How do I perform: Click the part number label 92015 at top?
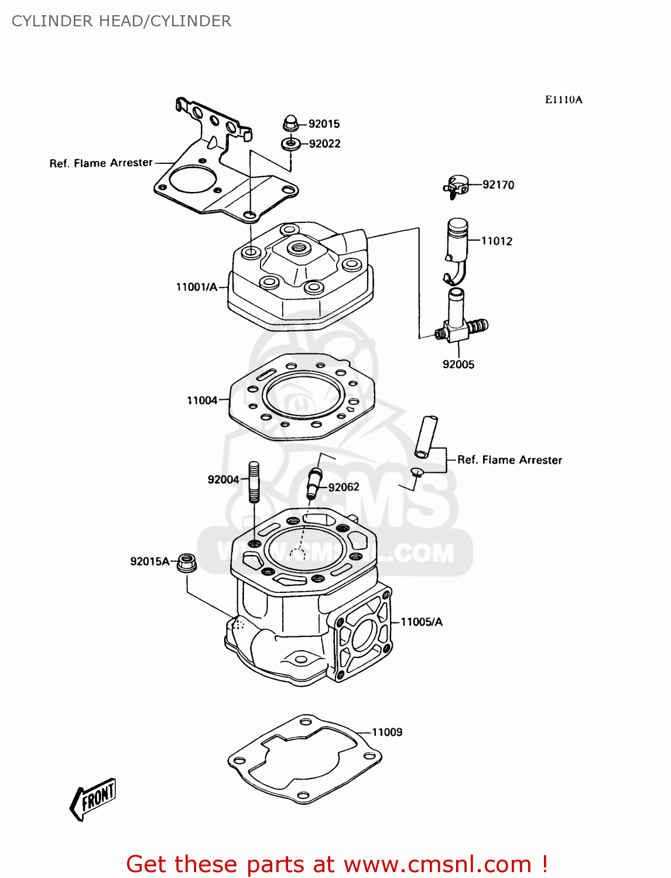tap(324, 124)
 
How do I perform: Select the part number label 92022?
tap(324, 143)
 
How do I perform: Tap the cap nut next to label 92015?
tap(290, 124)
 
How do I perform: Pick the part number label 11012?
tap(497, 241)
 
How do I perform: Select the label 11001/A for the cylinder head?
tap(196, 287)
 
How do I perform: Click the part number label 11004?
tap(202, 400)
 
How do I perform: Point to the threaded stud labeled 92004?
tap(254, 482)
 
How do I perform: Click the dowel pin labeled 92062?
tap(314, 483)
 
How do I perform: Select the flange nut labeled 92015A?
tap(186, 563)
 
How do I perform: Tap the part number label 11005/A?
tap(421, 622)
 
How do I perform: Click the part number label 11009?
tap(387, 732)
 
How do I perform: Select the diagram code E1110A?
tap(563, 100)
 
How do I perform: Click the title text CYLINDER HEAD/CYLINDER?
tap(121, 21)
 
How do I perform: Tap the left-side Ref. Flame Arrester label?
tap(101, 163)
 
